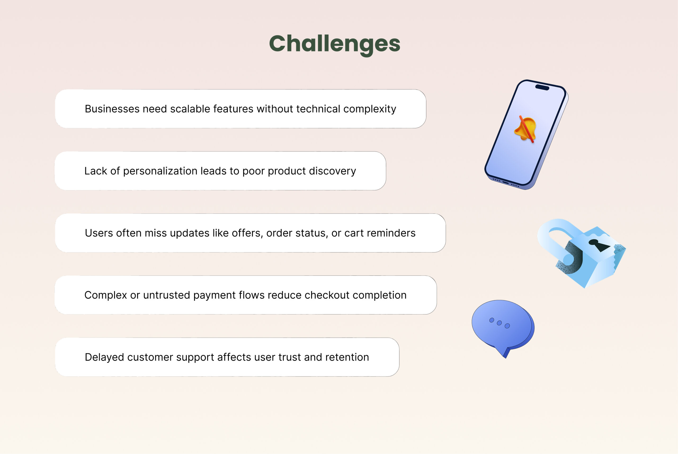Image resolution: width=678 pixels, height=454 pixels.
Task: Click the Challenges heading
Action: (x=334, y=44)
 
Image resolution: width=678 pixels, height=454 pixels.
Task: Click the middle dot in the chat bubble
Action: (x=499, y=323)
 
